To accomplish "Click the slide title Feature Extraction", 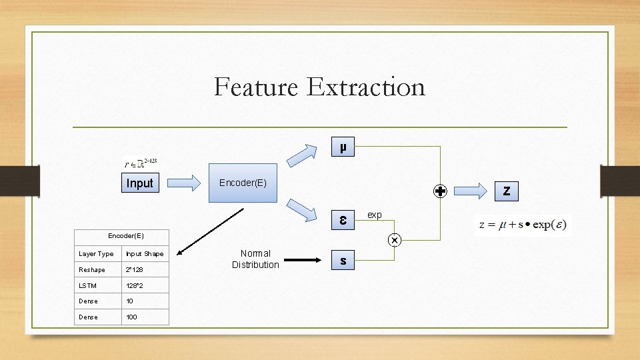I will (x=319, y=87).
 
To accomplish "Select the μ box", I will (x=343, y=147).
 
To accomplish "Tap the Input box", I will (x=140, y=183).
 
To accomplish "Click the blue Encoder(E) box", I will (x=243, y=182).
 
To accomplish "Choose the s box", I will (x=343, y=261).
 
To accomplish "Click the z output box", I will (x=507, y=191).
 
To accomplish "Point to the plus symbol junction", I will (x=440, y=191).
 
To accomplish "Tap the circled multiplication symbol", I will (x=395, y=239).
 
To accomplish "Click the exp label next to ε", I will (x=375, y=215).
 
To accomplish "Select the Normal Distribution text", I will (x=255, y=259).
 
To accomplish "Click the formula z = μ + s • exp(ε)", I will (x=523, y=225).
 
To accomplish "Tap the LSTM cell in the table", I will (x=88, y=285).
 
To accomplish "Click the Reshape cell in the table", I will (x=91, y=269).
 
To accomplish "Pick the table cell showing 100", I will (x=132, y=317).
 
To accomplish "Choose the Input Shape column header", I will (x=145, y=253).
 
